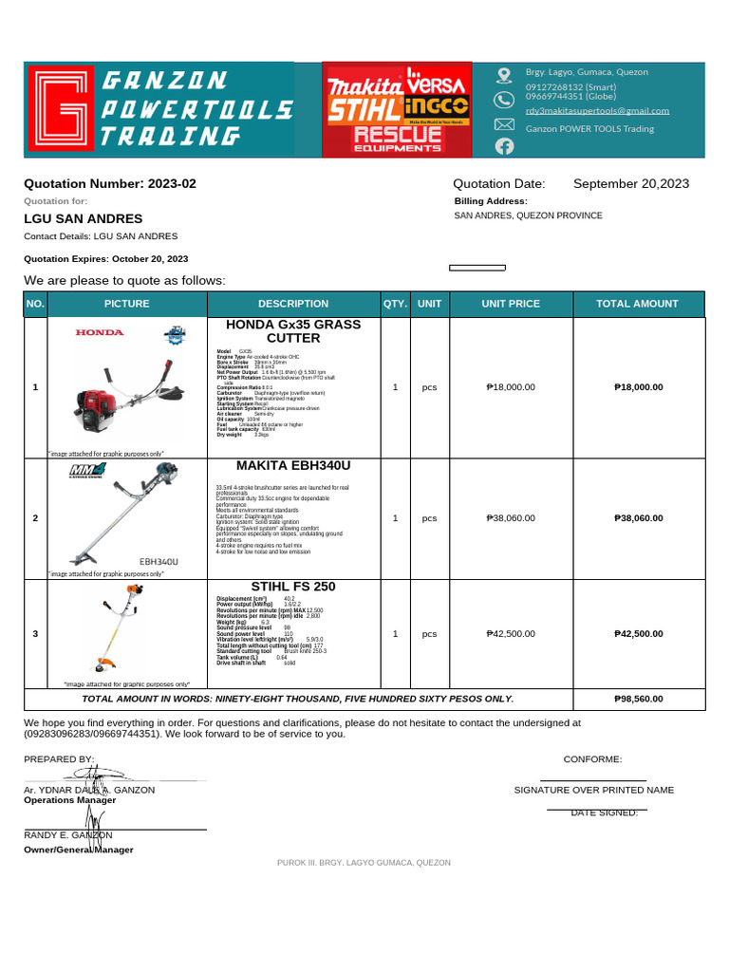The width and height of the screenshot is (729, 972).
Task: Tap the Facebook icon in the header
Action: click(x=504, y=145)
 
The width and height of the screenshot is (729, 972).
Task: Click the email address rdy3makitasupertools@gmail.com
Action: click(x=597, y=110)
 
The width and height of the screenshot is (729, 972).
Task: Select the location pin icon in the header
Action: click(x=504, y=74)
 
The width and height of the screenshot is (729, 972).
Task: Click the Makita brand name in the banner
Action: click(x=364, y=86)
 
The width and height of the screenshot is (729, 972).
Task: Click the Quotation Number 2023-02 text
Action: click(x=109, y=183)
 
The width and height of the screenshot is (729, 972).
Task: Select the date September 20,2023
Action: click(x=631, y=183)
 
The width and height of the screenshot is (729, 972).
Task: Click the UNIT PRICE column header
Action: click(x=511, y=304)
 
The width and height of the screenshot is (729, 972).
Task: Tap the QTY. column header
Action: click(x=395, y=304)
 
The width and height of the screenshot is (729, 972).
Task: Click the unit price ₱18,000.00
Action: click(x=511, y=387)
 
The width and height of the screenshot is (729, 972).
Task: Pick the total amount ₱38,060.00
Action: click(x=638, y=518)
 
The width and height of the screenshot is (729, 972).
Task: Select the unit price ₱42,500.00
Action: click(x=511, y=633)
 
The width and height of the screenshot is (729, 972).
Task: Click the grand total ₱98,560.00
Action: click(x=638, y=699)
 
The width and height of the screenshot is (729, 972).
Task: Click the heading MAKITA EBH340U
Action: click(x=293, y=466)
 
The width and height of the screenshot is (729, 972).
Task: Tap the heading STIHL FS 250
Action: click(x=293, y=587)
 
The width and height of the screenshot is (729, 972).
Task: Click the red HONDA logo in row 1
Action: click(x=100, y=332)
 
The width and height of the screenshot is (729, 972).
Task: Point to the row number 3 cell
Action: click(x=35, y=633)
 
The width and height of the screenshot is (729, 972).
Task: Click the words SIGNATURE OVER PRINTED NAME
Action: click(x=594, y=790)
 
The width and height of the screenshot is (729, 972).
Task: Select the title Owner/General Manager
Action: click(x=78, y=850)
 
